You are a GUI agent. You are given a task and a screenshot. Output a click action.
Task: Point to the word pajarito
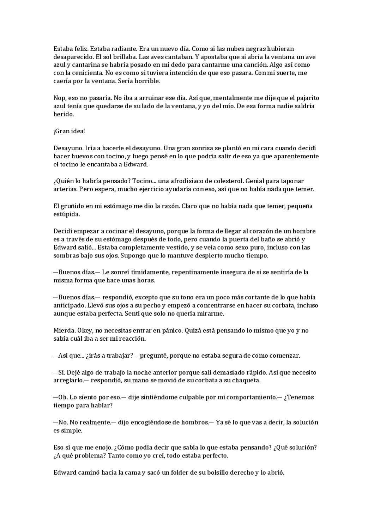coord(307,98)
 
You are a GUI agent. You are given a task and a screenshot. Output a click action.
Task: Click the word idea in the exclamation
coord(76,131)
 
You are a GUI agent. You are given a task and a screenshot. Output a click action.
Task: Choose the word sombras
coord(65,256)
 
